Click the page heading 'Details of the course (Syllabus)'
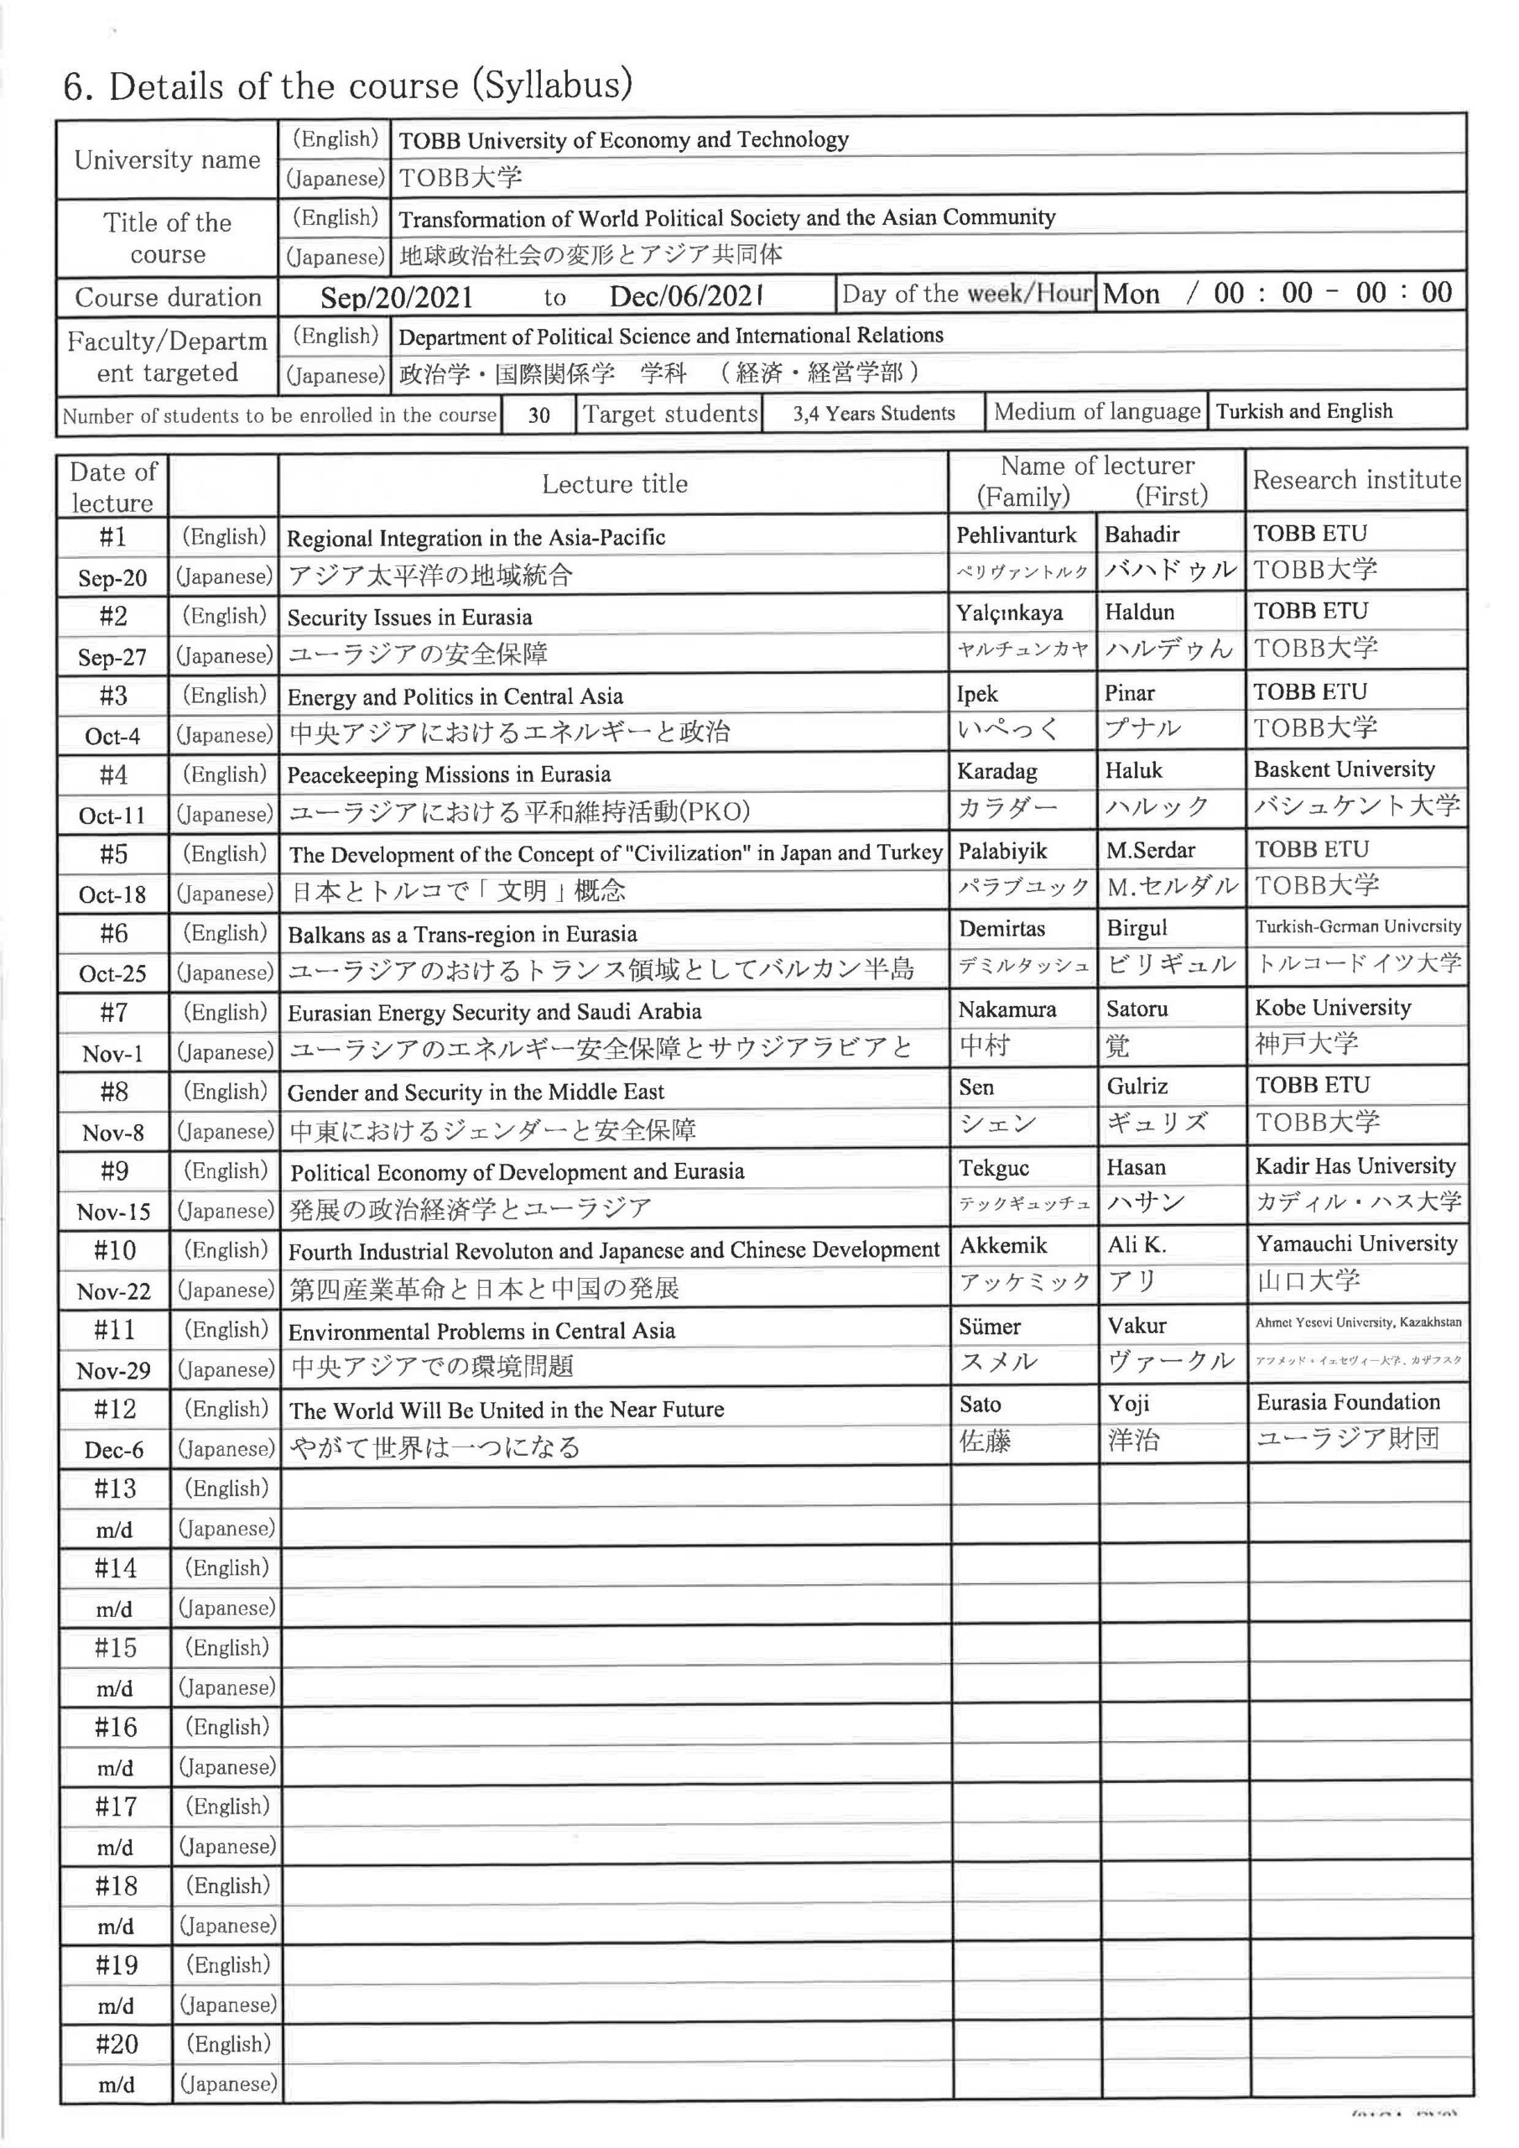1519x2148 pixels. click(348, 86)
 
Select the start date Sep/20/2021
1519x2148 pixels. click(396, 298)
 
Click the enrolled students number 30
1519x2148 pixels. click(538, 414)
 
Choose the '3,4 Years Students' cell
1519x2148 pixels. click(874, 414)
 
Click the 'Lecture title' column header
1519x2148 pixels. click(615, 483)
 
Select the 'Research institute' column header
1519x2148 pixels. click(1356, 480)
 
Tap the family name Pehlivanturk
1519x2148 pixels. click(1016, 535)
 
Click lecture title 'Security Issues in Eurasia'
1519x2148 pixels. click(409, 618)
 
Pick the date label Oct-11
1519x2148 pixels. click(112, 815)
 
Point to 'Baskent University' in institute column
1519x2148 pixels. click(1344, 769)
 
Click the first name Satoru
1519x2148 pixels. click(1137, 1009)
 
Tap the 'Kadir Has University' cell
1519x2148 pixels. click(1355, 1165)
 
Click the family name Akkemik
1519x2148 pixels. click(1002, 1245)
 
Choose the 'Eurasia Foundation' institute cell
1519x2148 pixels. click(1348, 1402)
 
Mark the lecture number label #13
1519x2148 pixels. click(115, 1488)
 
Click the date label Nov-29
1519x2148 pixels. click(113, 1372)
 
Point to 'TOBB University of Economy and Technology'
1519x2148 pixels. click(624, 140)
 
